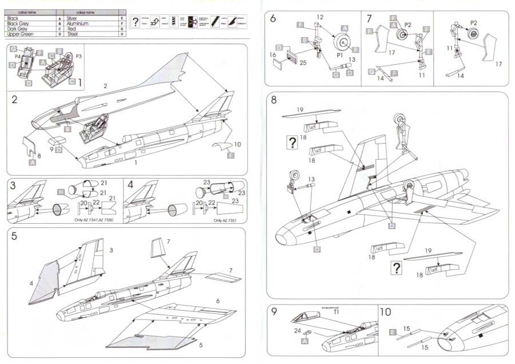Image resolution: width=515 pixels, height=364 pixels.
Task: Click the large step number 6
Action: pyautogui.click(x=273, y=18)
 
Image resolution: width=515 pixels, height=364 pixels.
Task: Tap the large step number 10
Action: pyautogui.click(x=386, y=312)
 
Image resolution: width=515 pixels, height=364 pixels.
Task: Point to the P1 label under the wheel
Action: pyautogui.click(x=339, y=57)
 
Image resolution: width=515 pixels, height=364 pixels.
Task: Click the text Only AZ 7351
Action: pyautogui.click(x=225, y=220)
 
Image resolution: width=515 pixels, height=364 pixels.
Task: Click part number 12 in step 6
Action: pyautogui.click(x=320, y=17)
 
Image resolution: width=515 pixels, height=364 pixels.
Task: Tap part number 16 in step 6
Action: pyautogui.click(x=273, y=56)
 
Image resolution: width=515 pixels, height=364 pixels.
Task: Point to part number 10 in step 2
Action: pyautogui.click(x=238, y=144)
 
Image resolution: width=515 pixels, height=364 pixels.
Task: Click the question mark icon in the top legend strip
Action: pyautogui.click(x=136, y=22)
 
